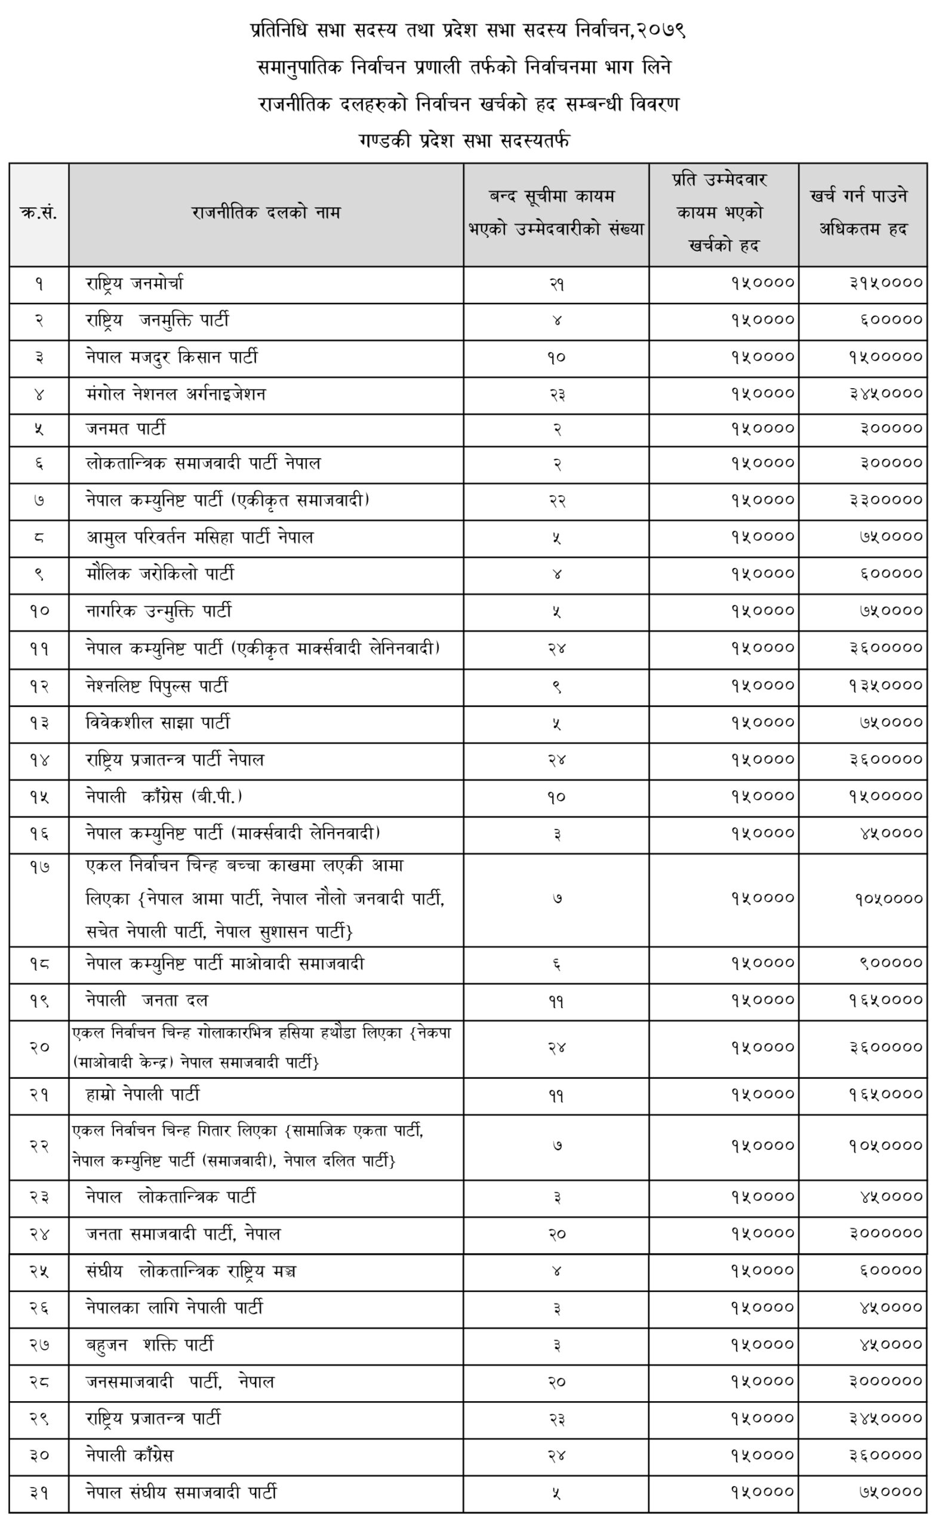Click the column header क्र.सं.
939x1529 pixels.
click(39, 214)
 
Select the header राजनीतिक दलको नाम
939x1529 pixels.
click(266, 213)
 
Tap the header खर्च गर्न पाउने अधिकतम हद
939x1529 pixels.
click(862, 213)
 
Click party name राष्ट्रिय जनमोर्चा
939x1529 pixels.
click(135, 284)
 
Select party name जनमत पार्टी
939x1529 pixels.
click(126, 429)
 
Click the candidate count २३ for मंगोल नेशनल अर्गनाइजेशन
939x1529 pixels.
click(556, 395)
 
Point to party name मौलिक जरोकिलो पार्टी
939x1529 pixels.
click(160, 574)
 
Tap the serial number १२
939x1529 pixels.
click(39, 686)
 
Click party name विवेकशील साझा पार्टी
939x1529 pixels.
click(158, 723)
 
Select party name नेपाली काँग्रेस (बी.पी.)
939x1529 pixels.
click(164, 797)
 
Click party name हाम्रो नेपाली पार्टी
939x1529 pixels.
click(143, 1094)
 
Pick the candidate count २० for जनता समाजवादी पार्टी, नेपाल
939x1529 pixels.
click(556, 1234)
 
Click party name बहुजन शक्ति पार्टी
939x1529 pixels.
click(150, 1345)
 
